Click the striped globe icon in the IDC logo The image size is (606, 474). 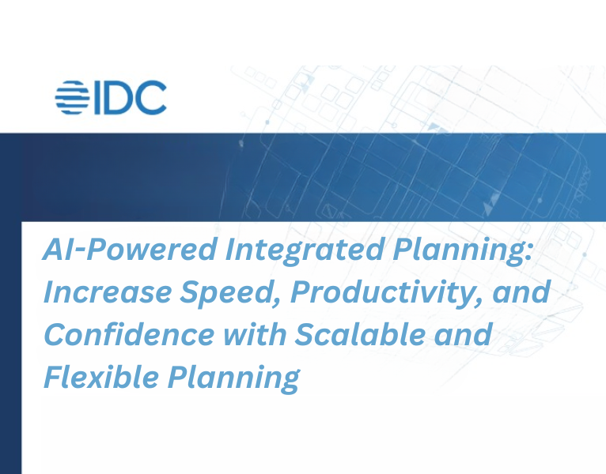tap(74, 97)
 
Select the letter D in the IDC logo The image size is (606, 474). tap(121, 97)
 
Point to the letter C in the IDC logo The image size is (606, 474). tap(151, 97)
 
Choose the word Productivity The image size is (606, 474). tap(392, 292)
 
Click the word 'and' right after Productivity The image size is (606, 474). tap(524, 292)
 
